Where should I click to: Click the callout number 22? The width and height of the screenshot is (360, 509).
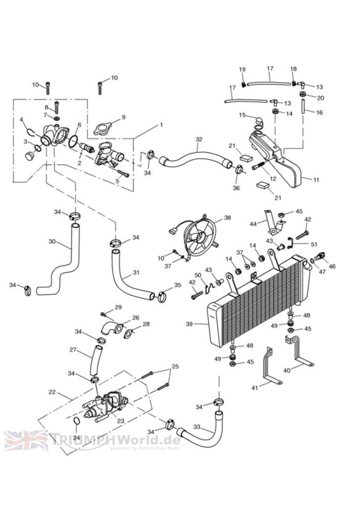52,392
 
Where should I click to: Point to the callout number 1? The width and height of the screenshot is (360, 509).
161,125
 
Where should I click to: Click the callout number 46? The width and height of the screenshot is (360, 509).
332,266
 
